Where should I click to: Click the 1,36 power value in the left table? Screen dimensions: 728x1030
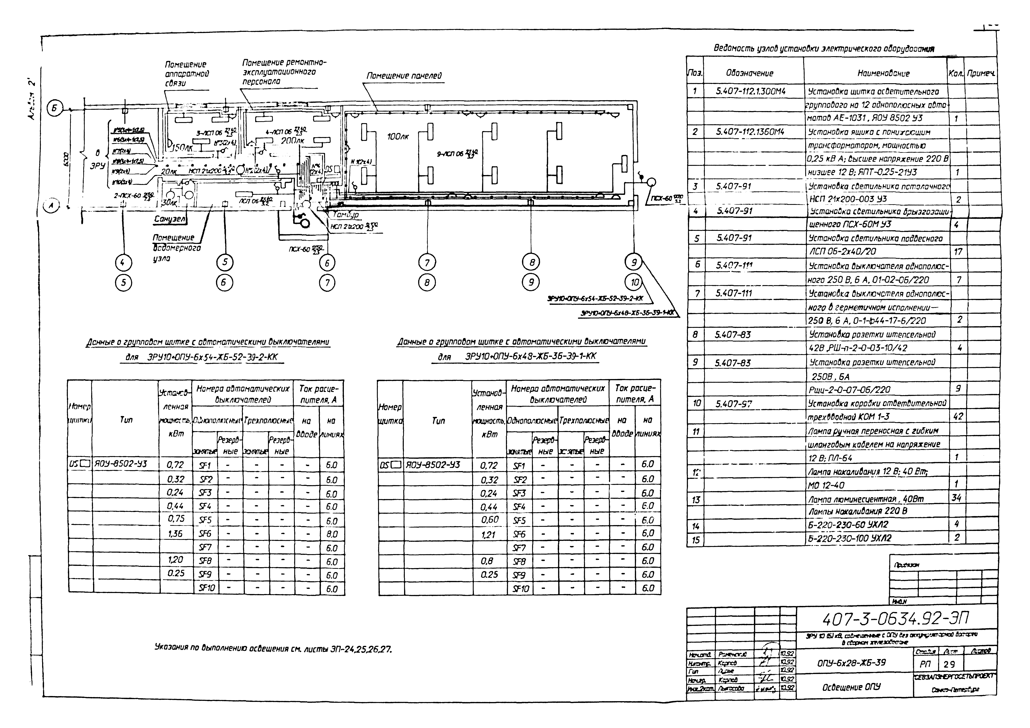click(175, 534)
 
